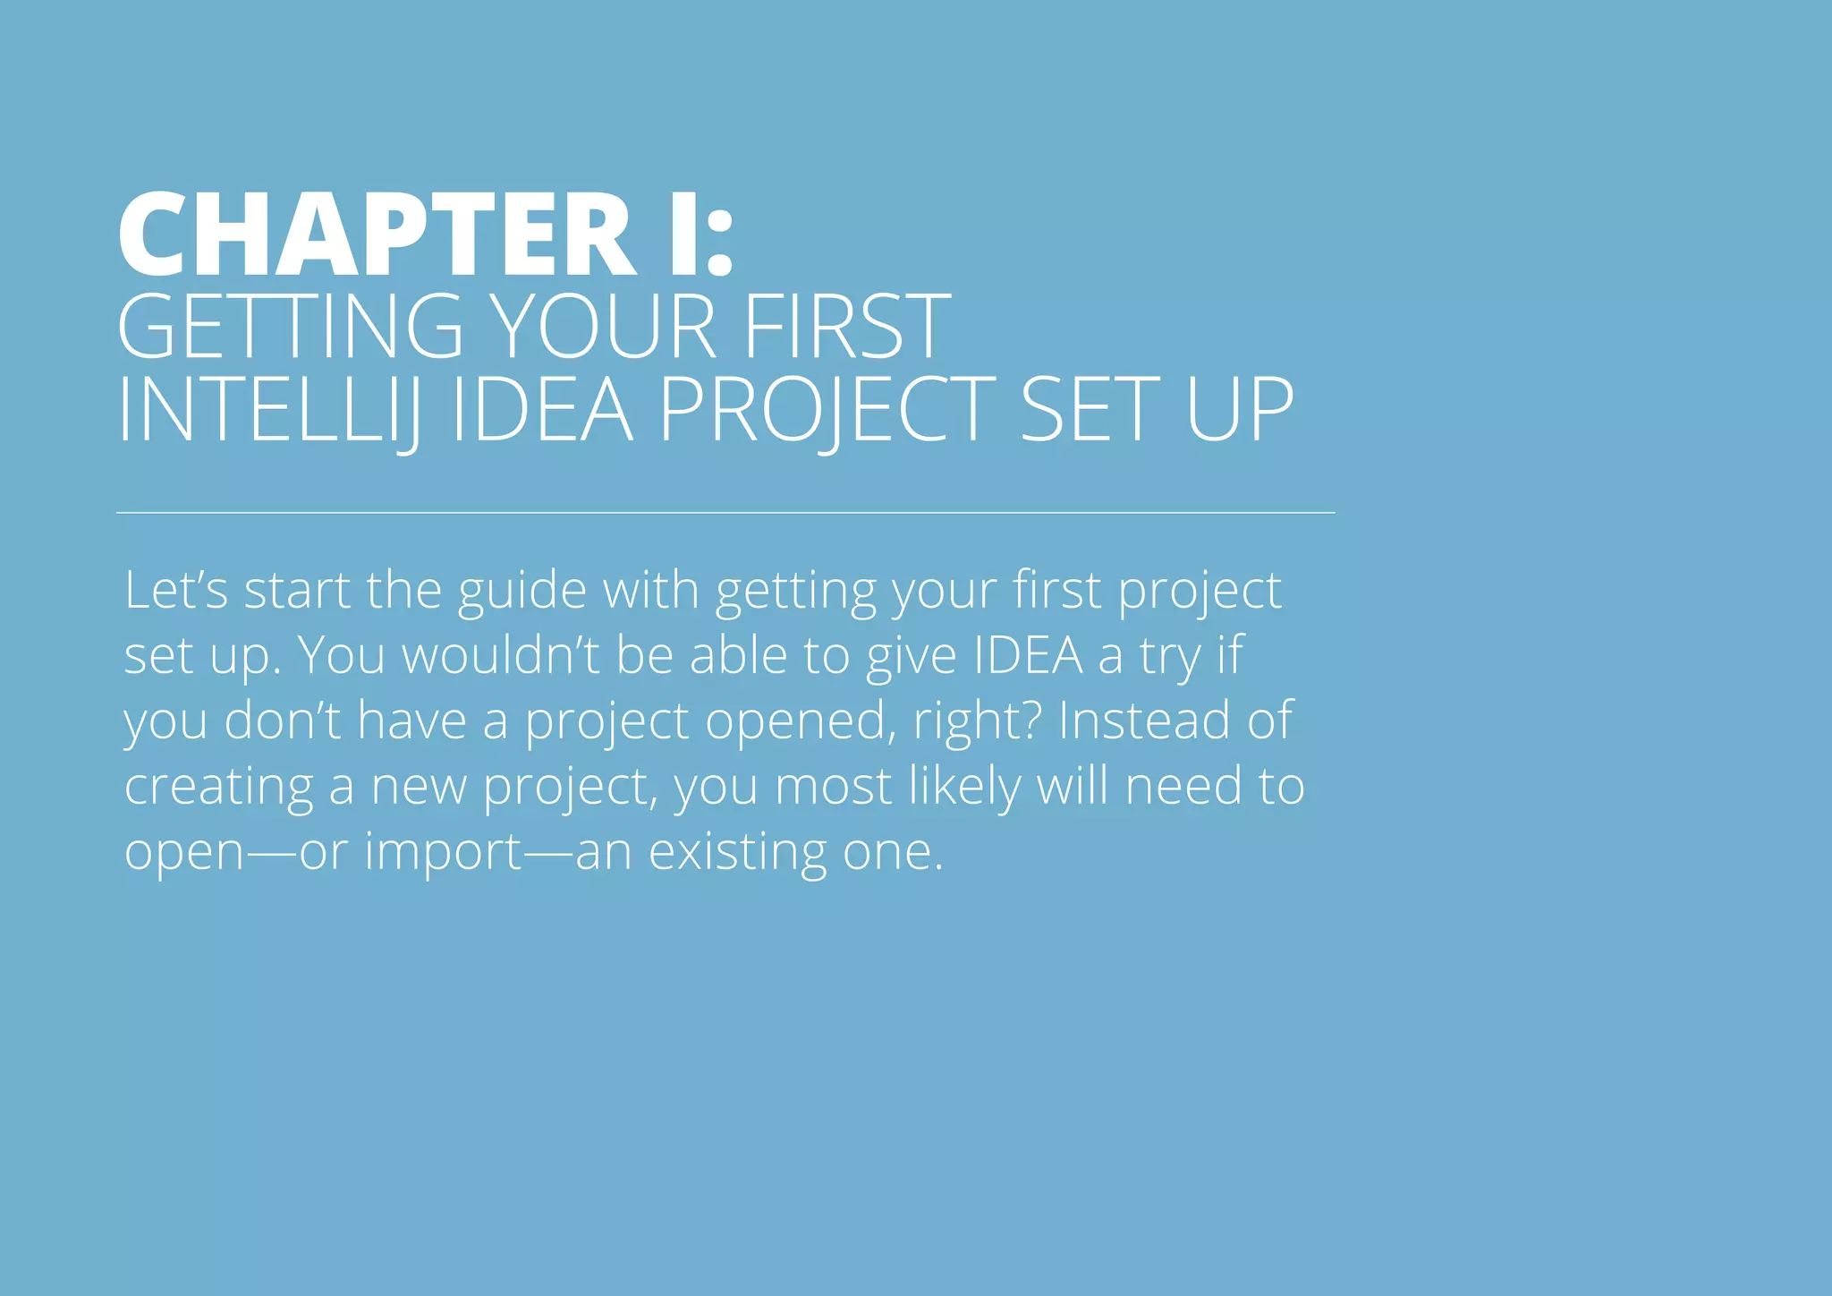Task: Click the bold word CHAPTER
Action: tap(376, 234)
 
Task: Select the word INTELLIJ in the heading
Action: tap(268, 411)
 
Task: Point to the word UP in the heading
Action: tap(1239, 411)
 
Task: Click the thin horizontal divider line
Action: tap(725, 513)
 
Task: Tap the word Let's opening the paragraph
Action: tap(176, 591)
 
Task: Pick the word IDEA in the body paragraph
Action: tap(1028, 655)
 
